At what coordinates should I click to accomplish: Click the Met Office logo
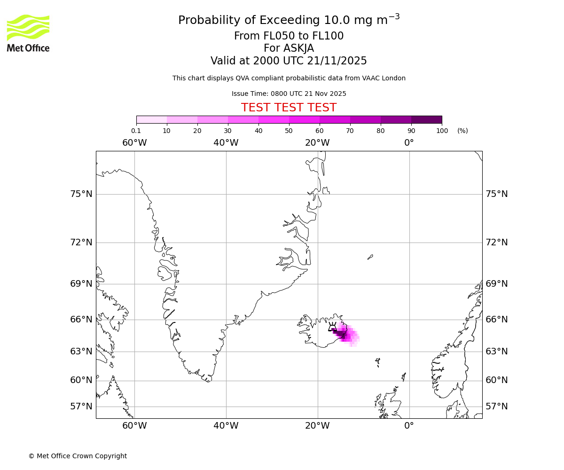click(x=28, y=33)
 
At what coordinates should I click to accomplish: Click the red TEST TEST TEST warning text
click(x=289, y=108)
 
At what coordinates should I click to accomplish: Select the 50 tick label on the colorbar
click(x=289, y=131)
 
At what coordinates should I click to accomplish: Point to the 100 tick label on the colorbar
click(x=442, y=131)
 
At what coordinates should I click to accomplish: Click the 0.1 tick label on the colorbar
click(x=136, y=131)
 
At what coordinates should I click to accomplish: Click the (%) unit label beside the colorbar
click(x=462, y=131)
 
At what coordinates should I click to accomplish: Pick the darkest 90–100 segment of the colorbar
click(x=426, y=119)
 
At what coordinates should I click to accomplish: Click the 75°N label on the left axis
click(x=81, y=194)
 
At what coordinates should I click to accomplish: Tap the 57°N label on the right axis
click(x=496, y=407)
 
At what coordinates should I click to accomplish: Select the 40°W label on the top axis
click(x=226, y=143)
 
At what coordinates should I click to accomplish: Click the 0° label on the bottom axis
click(x=409, y=426)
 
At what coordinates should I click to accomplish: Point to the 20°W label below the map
click(x=317, y=426)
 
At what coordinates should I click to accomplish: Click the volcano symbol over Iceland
click(x=332, y=327)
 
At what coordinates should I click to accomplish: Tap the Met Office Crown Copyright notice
click(x=78, y=456)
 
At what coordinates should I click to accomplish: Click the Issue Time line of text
click(x=289, y=94)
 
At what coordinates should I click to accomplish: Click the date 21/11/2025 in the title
click(x=337, y=61)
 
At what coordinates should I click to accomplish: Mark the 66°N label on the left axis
click(x=81, y=320)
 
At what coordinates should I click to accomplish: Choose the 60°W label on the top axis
click(x=134, y=143)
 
